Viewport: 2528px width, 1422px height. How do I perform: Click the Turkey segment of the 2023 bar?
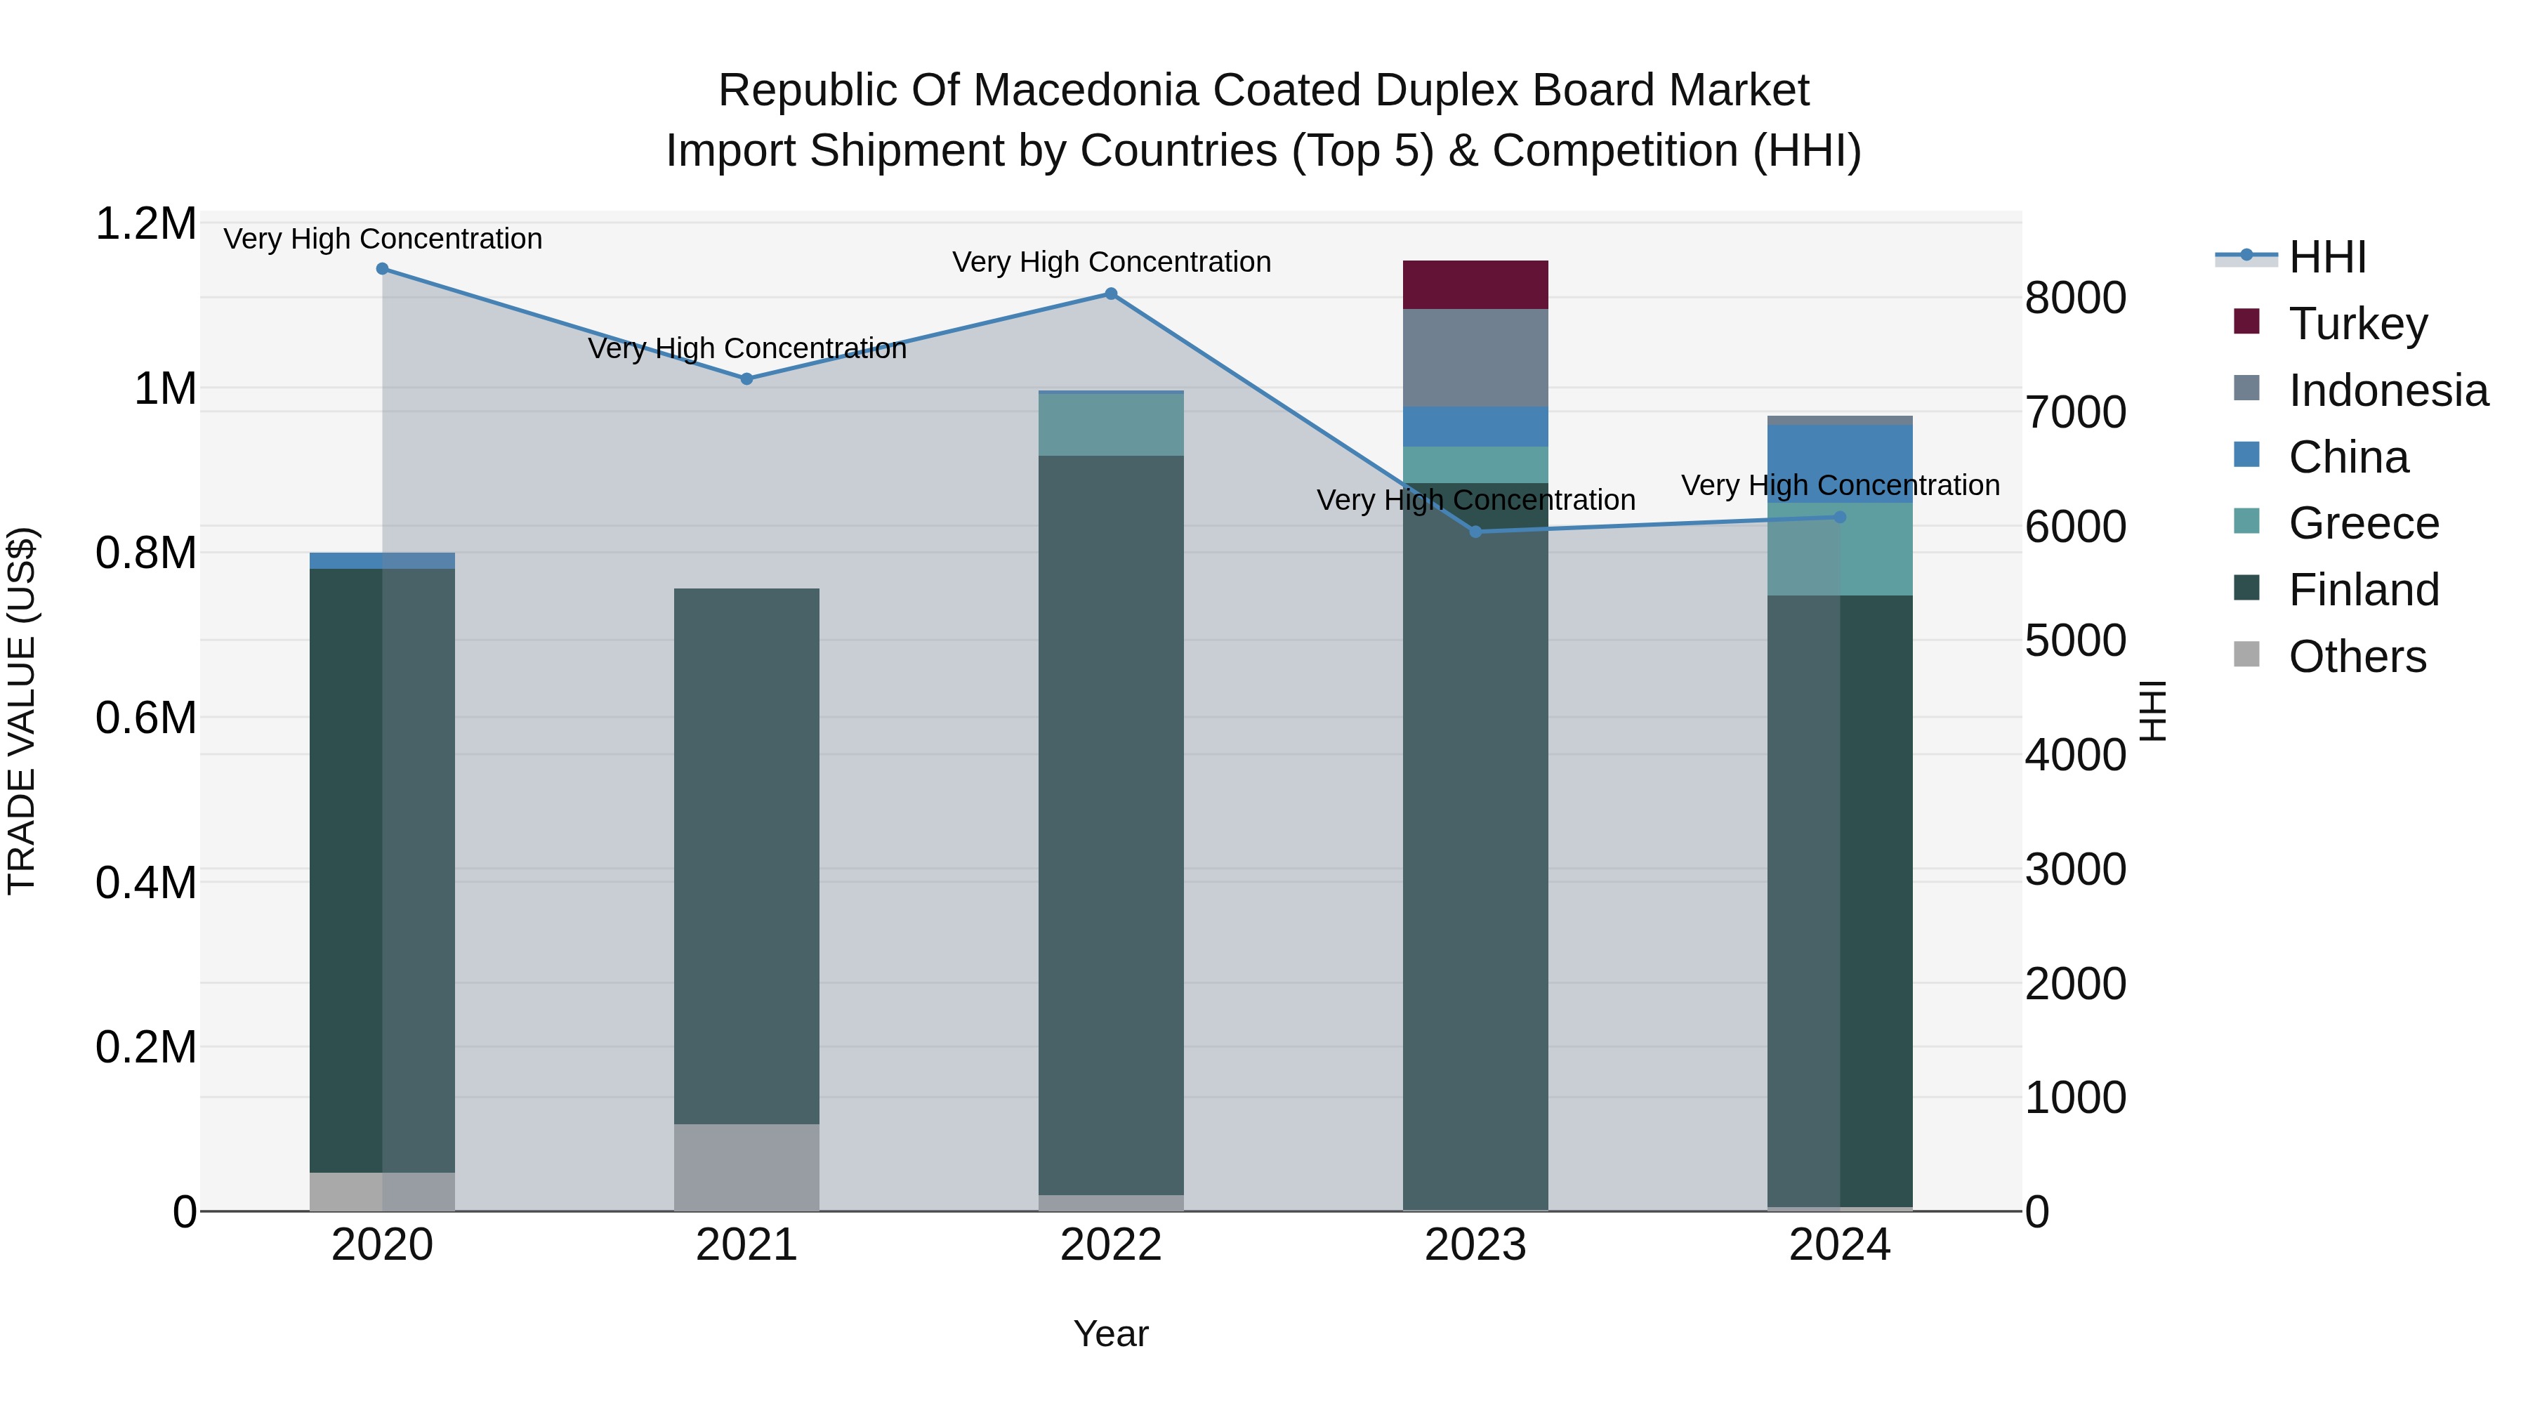click(x=1475, y=284)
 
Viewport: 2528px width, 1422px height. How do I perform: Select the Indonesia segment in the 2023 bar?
click(x=1475, y=357)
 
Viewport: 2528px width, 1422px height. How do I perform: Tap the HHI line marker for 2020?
click(x=383, y=269)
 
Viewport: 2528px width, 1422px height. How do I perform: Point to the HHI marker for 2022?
click(x=1111, y=294)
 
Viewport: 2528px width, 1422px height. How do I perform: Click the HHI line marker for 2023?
click(x=1475, y=532)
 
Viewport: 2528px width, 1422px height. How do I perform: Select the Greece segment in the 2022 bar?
click(x=1111, y=424)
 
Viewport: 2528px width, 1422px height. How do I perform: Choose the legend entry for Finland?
click(x=2363, y=590)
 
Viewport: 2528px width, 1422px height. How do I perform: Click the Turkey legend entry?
click(x=2357, y=323)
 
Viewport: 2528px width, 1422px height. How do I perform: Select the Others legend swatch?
click(x=2246, y=654)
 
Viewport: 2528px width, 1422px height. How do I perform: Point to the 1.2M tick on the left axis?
click(x=145, y=224)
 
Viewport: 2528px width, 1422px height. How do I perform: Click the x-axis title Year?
click(x=1111, y=1334)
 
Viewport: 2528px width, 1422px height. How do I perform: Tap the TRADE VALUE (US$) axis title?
click(x=22, y=711)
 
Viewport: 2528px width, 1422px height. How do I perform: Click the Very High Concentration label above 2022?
click(x=1111, y=262)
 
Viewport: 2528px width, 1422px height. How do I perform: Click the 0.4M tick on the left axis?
click(x=145, y=882)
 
